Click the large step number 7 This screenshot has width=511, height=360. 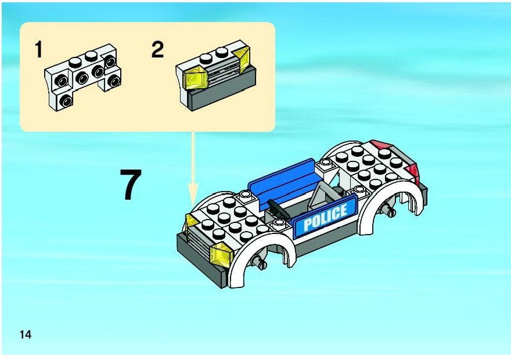[131, 185]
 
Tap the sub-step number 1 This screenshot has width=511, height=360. [39, 49]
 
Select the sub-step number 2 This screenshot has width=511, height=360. [157, 49]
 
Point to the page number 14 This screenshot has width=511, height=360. [26, 334]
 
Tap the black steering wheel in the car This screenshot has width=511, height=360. [279, 209]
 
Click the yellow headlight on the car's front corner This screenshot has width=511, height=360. [222, 254]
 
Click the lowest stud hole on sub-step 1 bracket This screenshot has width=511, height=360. [66, 101]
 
